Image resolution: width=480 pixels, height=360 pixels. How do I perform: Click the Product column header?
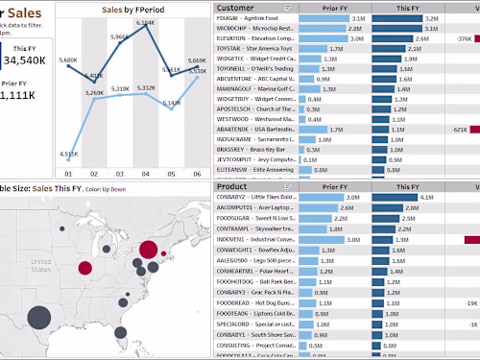233,185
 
